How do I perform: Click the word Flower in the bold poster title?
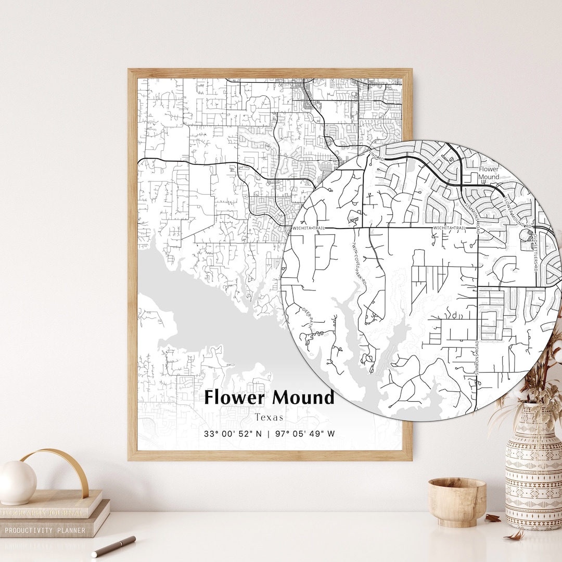click(x=236, y=398)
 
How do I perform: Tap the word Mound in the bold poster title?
click(x=303, y=398)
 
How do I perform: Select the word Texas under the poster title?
click(x=269, y=417)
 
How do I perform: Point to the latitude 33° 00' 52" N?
click(x=233, y=433)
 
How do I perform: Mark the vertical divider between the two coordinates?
click(x=269, y=433)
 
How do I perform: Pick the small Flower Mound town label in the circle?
click(x=489, y=173)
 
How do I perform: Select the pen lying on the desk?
click(x=114, y=546)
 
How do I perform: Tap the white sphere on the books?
click(x=17, y=482)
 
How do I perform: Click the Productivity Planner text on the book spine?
click(x=45, y=530)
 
